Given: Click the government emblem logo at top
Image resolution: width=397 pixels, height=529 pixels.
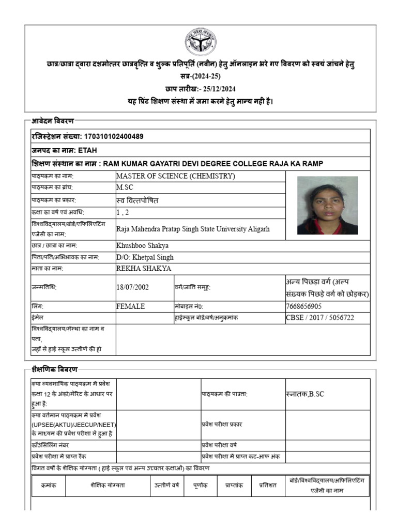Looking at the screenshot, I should tap(201, 42).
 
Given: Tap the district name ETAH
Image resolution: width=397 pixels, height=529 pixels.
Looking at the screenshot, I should tap(87, 150).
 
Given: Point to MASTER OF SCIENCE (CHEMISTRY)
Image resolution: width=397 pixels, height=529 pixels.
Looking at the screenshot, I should tap(176, 176).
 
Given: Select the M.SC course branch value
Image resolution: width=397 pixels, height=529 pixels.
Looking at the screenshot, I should tap(125, 188).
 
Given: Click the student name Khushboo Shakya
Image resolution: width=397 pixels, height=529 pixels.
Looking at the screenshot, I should tap(143, 245).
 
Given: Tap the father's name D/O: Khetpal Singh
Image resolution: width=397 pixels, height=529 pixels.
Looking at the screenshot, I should tap(145, 257).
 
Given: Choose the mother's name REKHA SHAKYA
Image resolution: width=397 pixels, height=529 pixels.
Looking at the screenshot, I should tap(144, 269).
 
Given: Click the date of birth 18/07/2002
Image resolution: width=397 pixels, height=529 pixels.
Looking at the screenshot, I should tap(133, 287).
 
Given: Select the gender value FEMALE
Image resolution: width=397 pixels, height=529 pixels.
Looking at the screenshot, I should tap(131, 306).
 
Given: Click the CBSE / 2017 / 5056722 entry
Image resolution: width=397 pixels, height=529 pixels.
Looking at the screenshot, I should tap(320, 318).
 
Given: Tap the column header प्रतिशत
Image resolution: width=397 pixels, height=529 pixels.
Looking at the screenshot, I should tap(268, 486).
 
